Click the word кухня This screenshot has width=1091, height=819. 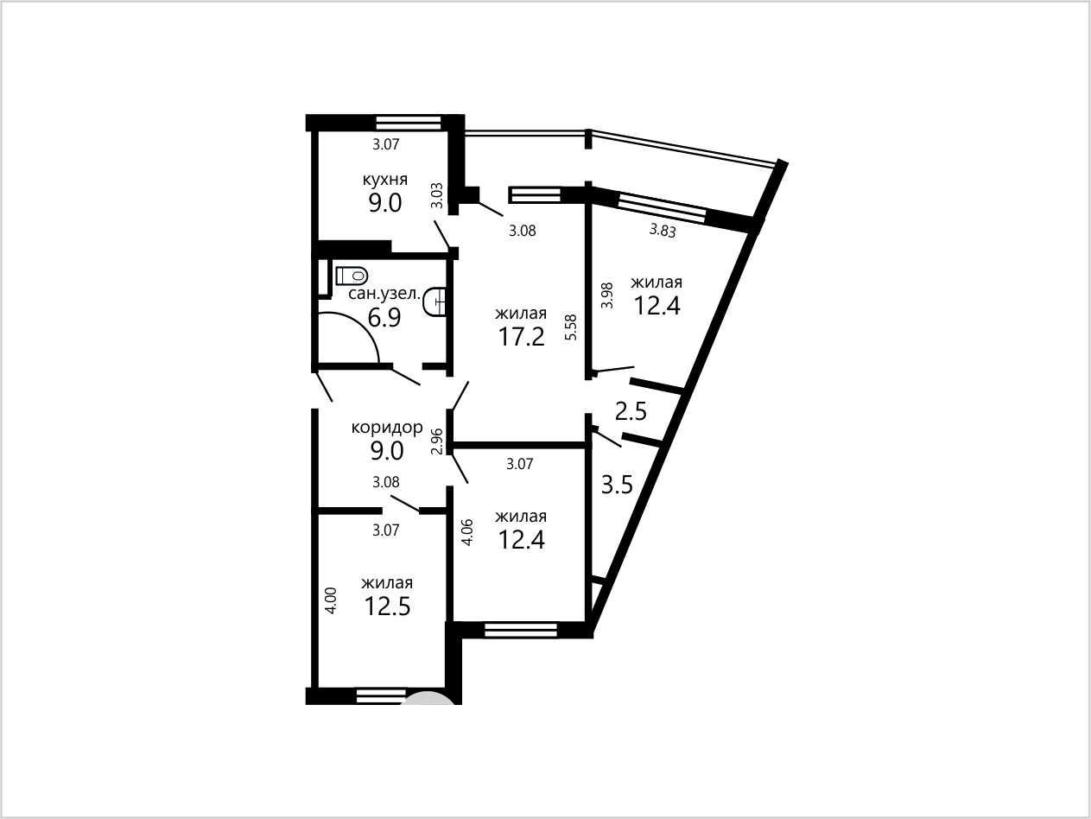385,180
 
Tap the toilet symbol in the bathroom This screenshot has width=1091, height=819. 352,276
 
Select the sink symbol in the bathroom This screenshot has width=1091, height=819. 435,301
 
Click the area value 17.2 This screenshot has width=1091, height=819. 521,337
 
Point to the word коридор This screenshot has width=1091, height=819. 387,427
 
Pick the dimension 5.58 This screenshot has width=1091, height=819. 572,327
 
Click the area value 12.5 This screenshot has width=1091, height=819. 387,606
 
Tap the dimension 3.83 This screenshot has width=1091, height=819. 663,230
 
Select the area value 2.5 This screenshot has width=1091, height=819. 631,411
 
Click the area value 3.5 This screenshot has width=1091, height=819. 617,485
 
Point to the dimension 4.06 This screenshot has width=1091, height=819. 467,533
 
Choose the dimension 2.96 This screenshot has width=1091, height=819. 437,441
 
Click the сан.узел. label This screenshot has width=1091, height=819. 384,294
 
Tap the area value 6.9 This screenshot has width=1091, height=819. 384,317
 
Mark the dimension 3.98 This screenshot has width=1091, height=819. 607,295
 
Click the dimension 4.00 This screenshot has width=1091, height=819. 331,600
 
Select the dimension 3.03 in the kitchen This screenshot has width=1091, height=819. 437,196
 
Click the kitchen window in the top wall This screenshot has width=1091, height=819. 409,123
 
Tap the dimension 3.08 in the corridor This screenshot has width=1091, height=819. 386,482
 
